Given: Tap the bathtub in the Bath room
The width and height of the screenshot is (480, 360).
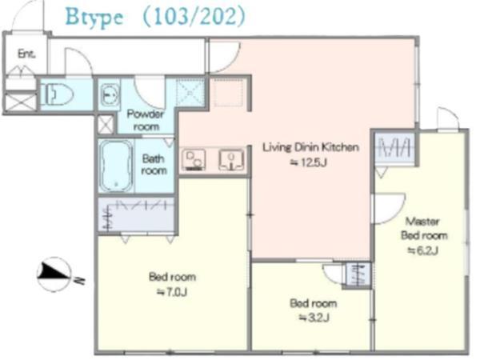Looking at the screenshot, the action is point(116,166).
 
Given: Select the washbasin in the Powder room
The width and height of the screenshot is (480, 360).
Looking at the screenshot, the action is point(110,95).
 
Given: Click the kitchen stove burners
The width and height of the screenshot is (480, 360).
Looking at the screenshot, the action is point(194,160).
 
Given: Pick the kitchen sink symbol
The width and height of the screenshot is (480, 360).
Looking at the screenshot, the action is point(231,159).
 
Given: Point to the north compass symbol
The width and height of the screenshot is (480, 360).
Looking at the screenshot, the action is point(55,274).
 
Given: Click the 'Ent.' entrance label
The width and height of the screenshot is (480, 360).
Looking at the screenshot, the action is point(26,54).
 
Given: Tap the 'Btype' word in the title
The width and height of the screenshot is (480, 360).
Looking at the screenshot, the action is point(94,17).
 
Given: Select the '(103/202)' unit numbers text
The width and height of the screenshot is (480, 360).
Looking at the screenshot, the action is point(194,16).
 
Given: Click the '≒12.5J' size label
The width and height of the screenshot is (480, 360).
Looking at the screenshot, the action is point(309,162).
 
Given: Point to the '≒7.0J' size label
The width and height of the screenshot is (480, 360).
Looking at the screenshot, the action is point(172,292).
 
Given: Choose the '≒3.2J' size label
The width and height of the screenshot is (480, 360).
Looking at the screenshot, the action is point(314,318).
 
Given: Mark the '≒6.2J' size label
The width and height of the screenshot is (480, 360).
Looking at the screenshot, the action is point(423,250).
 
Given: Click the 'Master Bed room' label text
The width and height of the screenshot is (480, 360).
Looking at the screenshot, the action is point(424,228).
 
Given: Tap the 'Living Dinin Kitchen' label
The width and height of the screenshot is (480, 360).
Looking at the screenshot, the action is point(310,147).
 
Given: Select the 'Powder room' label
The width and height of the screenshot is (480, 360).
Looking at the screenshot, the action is point(146,120).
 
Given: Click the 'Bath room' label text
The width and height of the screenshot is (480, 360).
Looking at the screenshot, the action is point(154,165).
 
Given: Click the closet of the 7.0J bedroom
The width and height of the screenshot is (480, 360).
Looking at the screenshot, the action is point(136,215).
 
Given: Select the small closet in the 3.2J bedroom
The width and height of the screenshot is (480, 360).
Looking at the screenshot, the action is point(358,274).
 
